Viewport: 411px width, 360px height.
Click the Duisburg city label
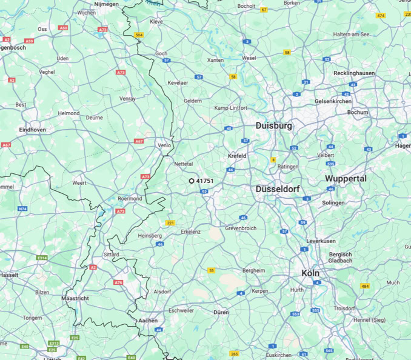(x=273, y=125)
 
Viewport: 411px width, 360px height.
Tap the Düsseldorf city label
(x=278, y=189)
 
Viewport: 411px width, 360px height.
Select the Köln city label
(x=310, y=273)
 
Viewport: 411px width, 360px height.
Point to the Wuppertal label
(x=346, y=179)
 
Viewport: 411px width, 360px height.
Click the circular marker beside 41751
(x=192, y=181)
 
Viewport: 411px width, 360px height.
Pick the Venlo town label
(x=164, y=145)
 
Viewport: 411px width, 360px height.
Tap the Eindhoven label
(x=33, y=130)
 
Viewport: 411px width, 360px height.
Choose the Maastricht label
(x=75, y=299)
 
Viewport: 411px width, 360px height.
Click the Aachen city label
(x=148, y=321)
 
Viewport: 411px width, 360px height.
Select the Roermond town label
(x=130, y=199)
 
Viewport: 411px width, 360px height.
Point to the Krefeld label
(x=237, y=156)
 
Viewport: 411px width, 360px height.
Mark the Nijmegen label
(x=106, y=4)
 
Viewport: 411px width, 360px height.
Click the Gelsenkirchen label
(x=333, y=101)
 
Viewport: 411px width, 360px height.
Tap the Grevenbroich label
(x=241, y=228)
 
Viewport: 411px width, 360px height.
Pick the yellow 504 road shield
(x=139, y=35)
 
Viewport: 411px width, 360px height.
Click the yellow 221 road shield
(x=170, y=223)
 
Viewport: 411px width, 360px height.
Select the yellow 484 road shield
(x=365, y=286)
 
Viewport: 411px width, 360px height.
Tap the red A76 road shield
(x=118, y=282)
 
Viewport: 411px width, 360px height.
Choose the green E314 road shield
(x=42, y=258)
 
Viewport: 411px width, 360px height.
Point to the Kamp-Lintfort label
(x=230, y=108)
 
